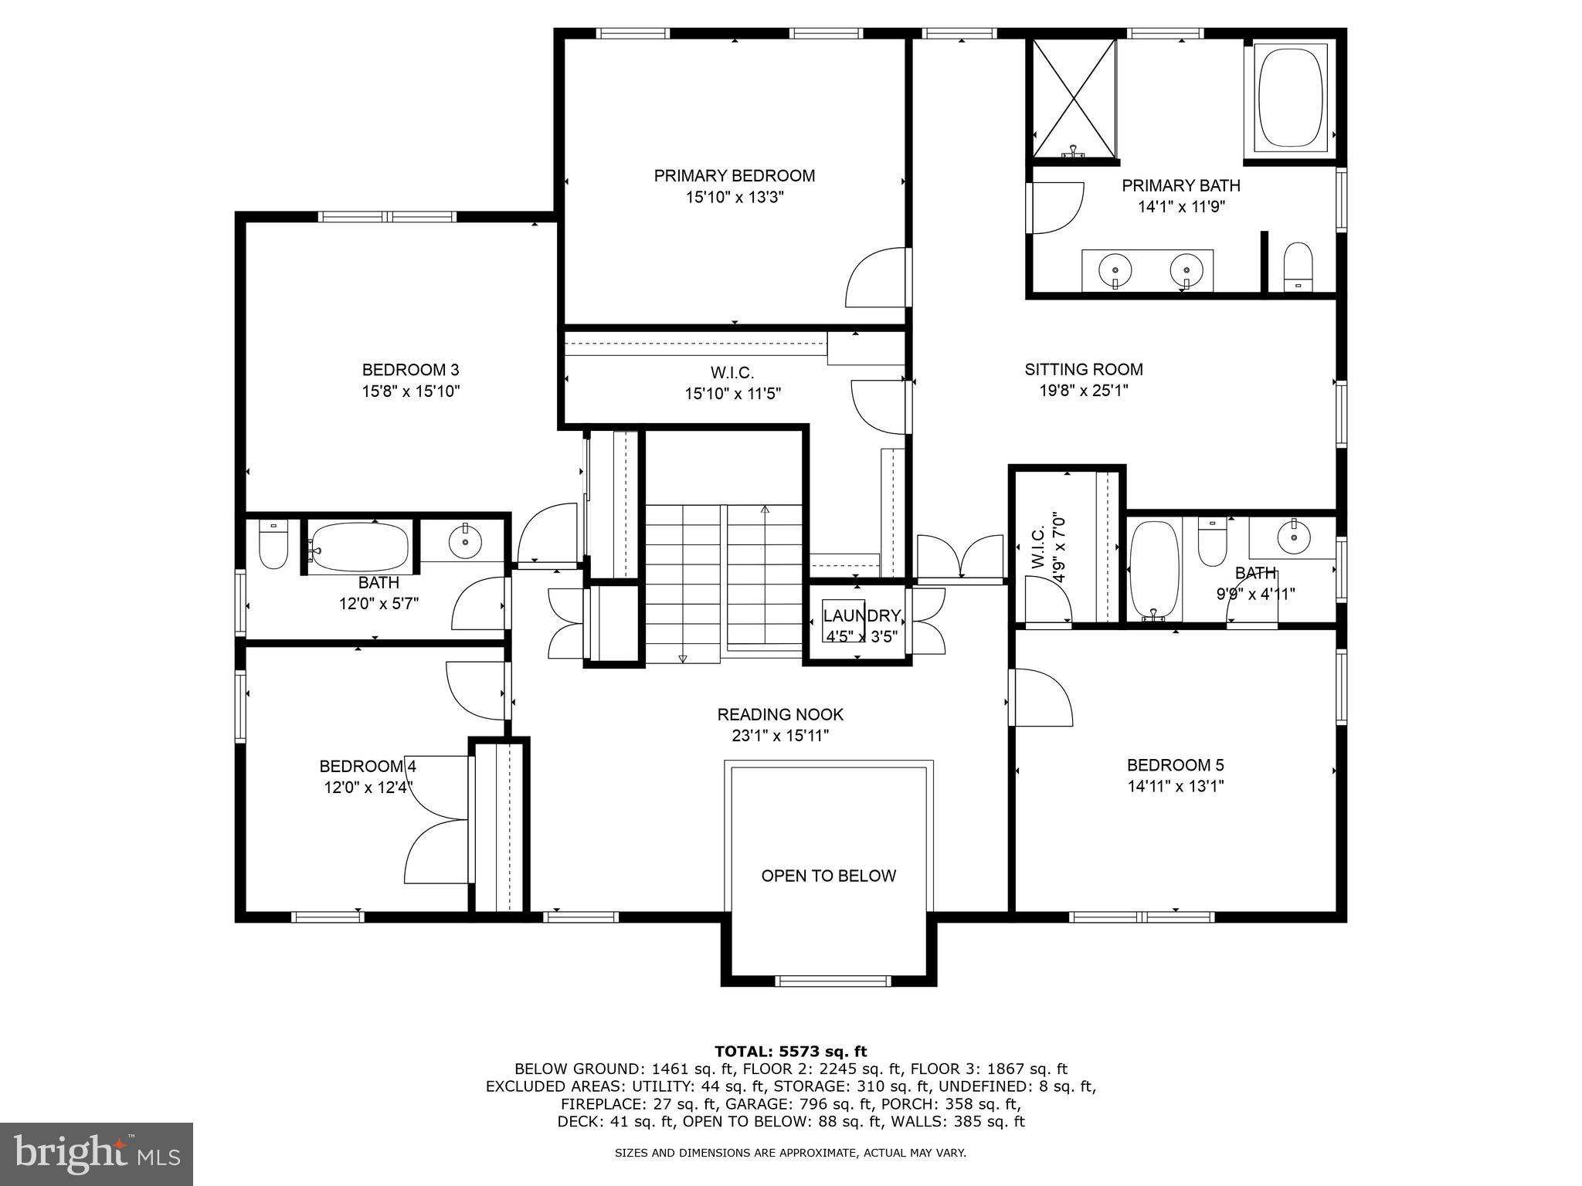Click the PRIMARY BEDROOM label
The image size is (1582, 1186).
pos(734,176)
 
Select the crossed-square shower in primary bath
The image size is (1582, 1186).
pos(1074,98)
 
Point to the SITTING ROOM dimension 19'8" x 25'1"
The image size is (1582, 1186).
pos(1083,391)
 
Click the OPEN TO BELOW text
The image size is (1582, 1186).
pos(828,876)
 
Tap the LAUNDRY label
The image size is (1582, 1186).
pos(861,616)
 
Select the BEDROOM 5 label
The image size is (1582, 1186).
pos(1175,765)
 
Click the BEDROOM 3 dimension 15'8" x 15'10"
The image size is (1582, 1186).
pos(411,391)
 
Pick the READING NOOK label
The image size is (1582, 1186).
pos(780,714)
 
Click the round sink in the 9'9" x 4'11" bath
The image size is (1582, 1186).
pos(1292,536)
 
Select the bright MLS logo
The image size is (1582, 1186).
pos(97,1154)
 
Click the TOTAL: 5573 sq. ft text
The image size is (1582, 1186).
pos(790,1051)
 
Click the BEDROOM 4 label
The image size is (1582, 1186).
pos(368,766)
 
